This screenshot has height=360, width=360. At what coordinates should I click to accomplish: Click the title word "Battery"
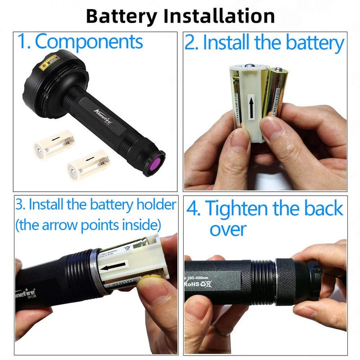point(122,16)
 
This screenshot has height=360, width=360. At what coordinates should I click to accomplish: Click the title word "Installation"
point(219,16)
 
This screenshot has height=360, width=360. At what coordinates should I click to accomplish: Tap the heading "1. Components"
point(80,41)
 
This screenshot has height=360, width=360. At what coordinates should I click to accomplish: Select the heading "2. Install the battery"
point(265,43)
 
